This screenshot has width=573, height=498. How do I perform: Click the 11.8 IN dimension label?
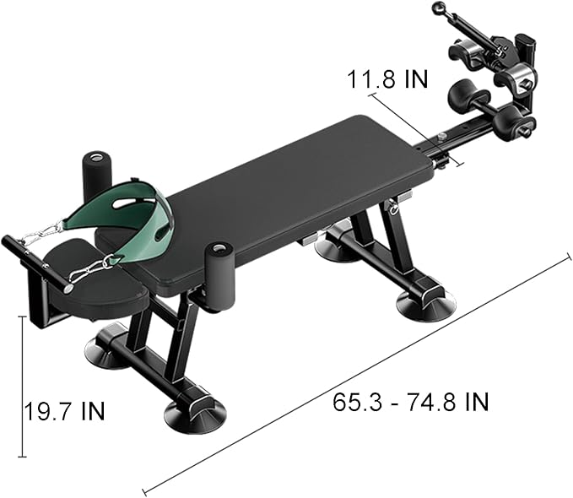click(388, 78)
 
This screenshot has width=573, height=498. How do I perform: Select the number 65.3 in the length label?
click(354, 401)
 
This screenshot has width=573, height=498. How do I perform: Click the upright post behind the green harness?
click(96, 172)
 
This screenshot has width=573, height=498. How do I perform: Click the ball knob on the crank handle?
click(438, 9)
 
